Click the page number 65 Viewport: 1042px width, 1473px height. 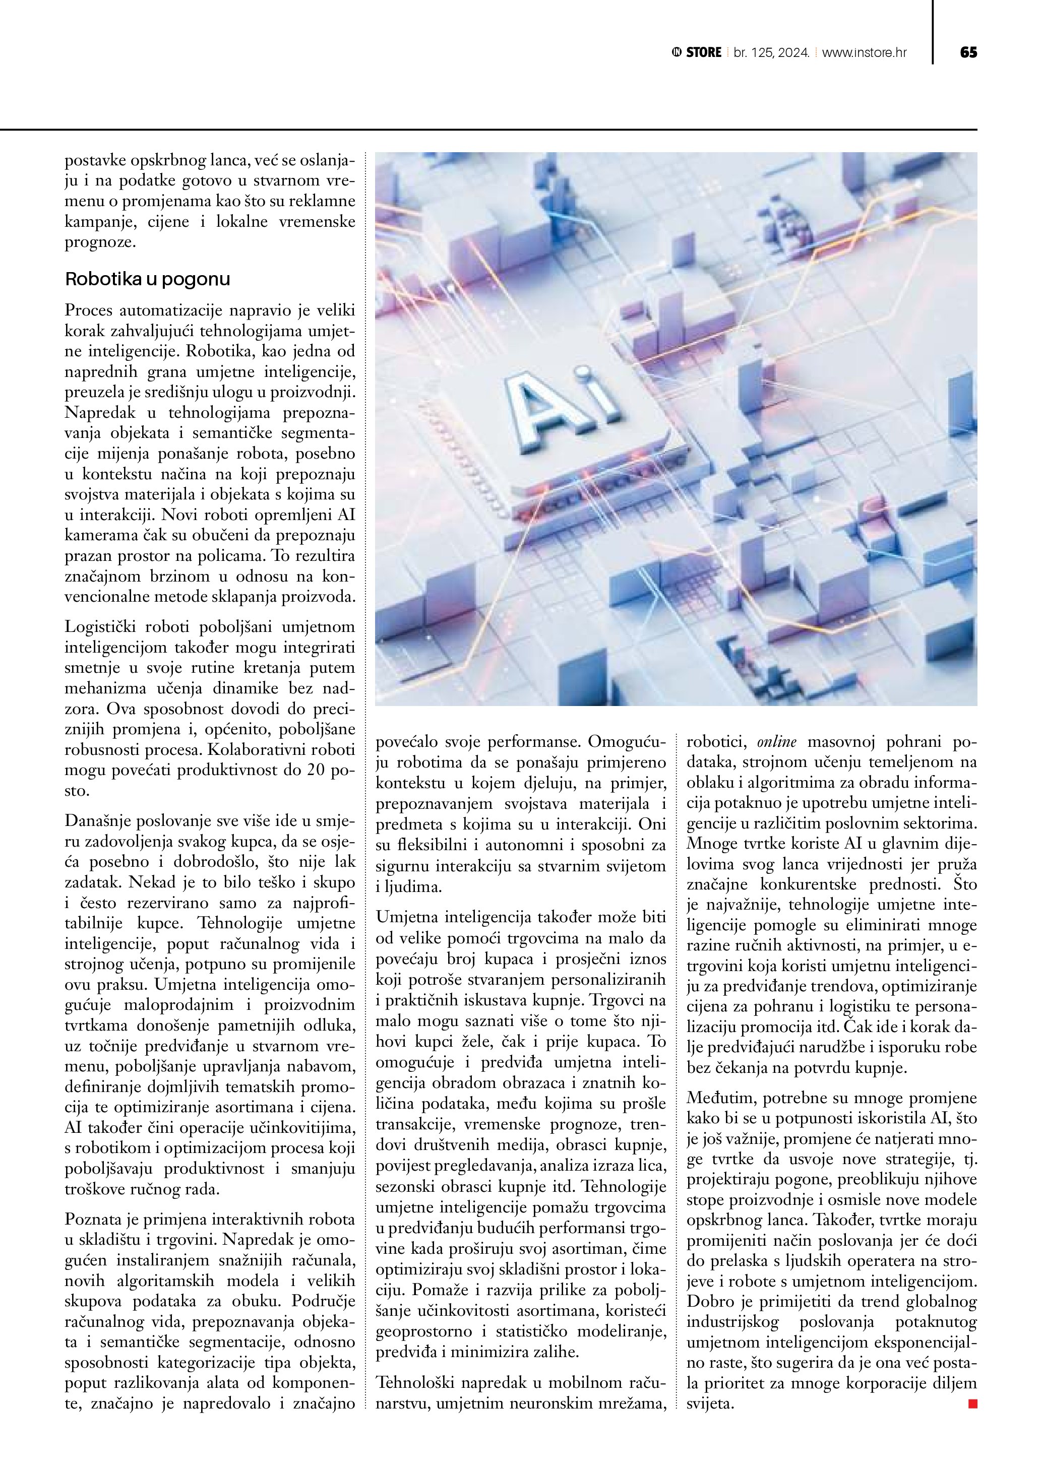pos(968,52)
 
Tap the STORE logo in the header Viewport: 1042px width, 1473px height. pos(697,52)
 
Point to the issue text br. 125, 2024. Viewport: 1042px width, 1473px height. pos(771,52)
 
